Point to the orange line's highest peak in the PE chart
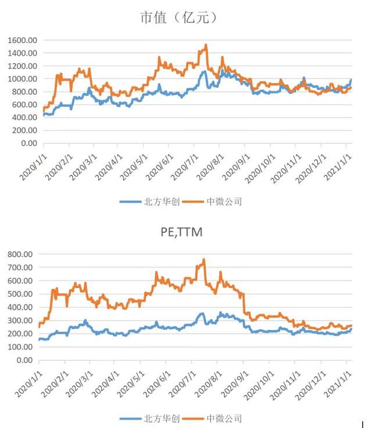coord(203,260)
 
